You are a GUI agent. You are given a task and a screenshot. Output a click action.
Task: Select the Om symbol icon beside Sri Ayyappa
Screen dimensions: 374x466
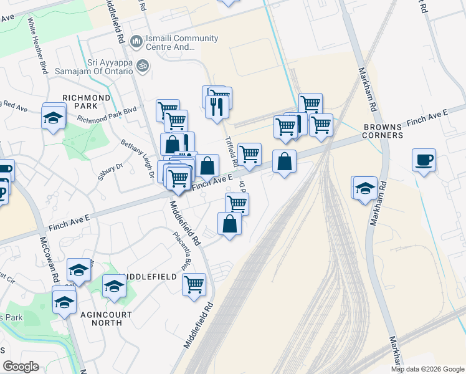[143, 65]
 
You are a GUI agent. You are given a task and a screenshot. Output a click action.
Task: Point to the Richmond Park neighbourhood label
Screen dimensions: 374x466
[86, 102]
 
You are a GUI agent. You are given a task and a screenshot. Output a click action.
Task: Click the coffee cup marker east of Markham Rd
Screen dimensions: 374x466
[424, 160]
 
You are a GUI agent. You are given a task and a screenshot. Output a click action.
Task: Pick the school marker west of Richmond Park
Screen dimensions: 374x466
[54, 116]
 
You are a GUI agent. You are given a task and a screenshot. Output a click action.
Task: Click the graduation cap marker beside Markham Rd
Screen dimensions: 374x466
[366, 188]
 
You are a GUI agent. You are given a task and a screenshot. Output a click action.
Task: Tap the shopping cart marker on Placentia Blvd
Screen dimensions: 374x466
[194, 284]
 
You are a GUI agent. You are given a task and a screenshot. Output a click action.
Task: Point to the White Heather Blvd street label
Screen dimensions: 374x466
[37, 46]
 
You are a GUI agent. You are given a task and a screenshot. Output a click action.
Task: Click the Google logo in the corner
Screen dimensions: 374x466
[21, 367]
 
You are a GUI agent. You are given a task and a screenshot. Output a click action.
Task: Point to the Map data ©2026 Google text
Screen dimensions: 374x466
[427, 369]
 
